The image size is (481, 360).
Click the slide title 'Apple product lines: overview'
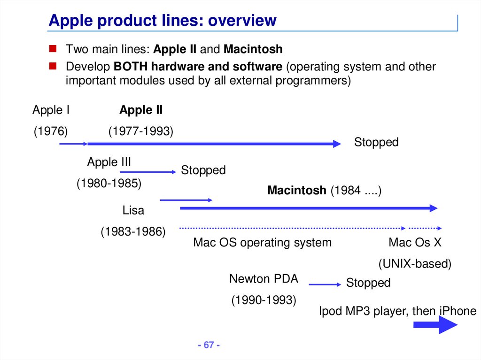click(163, 21)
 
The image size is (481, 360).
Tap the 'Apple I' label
click(51, 110)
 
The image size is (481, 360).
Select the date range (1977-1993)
click(141, 131)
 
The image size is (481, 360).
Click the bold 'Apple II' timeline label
click(141, 110)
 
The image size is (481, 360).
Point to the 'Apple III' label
click(109, 162)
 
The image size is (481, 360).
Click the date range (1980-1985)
click(109, 184)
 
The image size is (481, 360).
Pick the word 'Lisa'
click(133, 210)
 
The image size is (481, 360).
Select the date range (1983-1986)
click(133, 231)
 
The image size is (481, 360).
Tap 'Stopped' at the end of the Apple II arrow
click(376, 142)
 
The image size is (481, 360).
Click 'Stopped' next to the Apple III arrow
click(203, 170)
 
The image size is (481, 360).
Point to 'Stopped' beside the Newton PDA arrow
click(368, 283)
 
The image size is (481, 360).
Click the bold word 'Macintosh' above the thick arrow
click(296, 191)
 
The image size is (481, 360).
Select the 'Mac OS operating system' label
click(262, 243)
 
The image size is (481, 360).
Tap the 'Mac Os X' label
click(415, 243)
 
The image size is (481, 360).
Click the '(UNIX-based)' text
click(415, 264)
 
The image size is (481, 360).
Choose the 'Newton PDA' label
click(264, 279)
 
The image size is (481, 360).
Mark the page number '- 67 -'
click(209, 345)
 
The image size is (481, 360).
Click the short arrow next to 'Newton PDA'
click(325, 284)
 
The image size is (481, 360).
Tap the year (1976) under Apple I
click(51, 131)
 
